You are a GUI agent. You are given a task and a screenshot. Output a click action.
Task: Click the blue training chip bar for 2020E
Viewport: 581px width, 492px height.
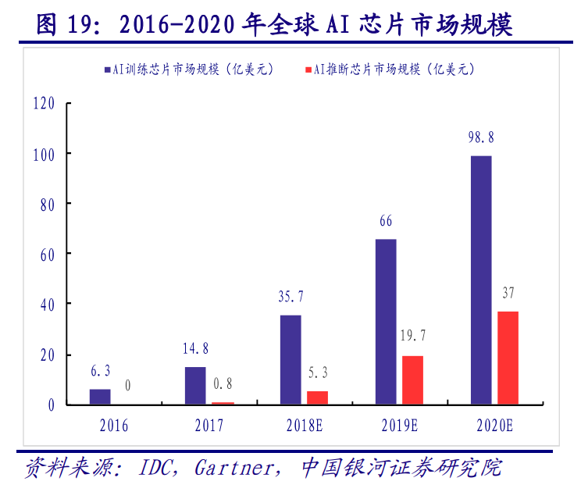[481, 280]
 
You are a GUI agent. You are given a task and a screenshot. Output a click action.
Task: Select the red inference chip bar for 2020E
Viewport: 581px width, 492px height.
[508, 358]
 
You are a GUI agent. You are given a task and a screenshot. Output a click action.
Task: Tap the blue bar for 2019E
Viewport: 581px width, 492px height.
[386, 321]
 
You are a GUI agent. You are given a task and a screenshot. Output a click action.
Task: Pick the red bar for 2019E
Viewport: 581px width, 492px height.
[412, 380]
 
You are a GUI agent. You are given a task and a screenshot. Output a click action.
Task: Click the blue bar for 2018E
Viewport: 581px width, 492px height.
[290, 359]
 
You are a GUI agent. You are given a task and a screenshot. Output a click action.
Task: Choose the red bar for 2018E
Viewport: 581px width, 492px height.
[317, 398]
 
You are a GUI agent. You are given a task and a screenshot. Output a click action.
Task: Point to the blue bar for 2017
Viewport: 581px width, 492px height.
[195, 385]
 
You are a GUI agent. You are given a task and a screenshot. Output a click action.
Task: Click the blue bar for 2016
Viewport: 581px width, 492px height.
[100, 396]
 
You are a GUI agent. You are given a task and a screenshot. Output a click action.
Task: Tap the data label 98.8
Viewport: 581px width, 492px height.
[481, 137]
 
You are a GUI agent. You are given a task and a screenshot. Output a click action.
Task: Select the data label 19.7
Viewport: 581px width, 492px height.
[412, 337]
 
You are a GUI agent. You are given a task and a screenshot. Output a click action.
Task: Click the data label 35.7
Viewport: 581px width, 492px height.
[290, 296]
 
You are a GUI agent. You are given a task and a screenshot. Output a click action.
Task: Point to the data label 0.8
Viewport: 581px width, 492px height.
[222, 383]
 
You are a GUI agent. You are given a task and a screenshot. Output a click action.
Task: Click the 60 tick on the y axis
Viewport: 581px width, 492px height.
[47, 254]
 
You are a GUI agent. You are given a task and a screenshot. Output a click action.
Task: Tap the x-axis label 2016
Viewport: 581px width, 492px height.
[113, 426]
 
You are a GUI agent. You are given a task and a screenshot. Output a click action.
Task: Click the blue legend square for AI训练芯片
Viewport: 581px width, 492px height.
[107, 70]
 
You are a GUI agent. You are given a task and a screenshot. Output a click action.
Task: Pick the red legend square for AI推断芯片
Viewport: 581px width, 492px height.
[307, 70]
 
